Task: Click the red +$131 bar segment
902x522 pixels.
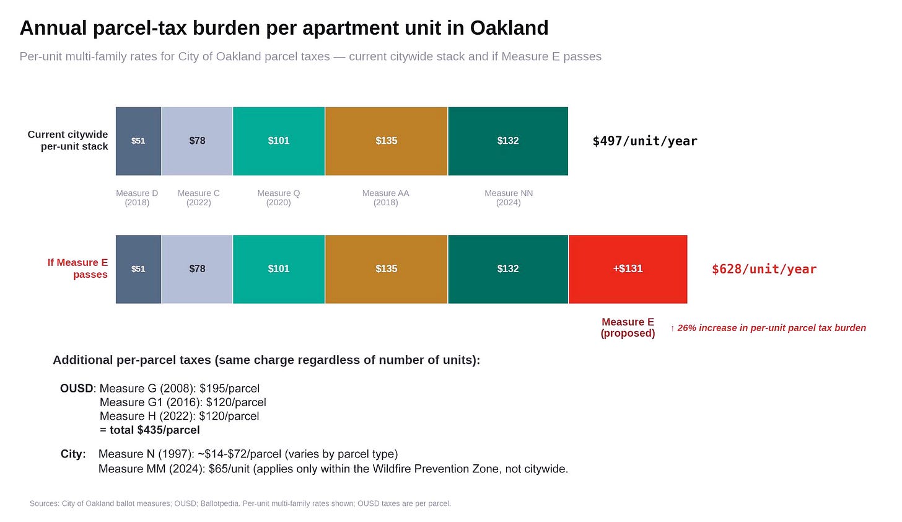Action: [628, 269]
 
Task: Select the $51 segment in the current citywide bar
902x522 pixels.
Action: [138, 141]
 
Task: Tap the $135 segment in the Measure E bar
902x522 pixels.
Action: [386, 269]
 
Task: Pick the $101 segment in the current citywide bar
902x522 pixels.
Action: [279, 141]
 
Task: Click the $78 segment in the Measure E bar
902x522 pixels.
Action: [197, 269]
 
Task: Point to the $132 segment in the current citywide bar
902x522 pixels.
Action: [508, 141]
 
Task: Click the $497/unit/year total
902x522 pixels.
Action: [644, 141]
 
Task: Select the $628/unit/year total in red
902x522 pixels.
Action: [764, 269]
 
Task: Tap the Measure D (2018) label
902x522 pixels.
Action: [137, 198]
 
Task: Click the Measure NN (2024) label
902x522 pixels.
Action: [509, 198]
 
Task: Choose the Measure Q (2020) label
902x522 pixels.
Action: [279, 198]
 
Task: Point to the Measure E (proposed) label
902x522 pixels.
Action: [628, 327]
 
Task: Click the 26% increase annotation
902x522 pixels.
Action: [768, 328]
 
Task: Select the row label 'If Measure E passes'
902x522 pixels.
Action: [78, 268]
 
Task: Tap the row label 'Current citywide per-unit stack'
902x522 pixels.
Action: [68, 141]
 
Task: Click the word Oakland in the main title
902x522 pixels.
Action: [509, 28]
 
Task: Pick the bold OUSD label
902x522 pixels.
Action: [76, 389]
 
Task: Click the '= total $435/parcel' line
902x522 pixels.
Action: [149, 430]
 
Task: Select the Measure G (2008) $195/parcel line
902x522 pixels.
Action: [179, 389]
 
